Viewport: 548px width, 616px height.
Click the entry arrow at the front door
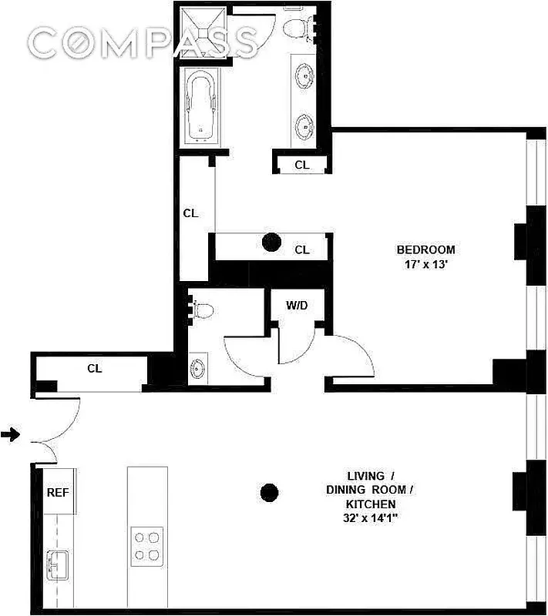(10, 436)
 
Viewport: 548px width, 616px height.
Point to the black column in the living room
(269, 490)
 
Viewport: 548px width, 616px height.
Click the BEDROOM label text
(425, 249)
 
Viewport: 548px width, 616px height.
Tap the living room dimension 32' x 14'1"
(367, 518)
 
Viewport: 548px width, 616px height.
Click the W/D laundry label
(297, 306)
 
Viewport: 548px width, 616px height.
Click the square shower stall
(203, 32)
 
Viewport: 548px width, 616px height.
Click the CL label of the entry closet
(94, 369)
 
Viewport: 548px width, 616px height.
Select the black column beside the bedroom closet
(271, 243)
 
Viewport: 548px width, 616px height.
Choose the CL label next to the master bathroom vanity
(302, 165)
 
